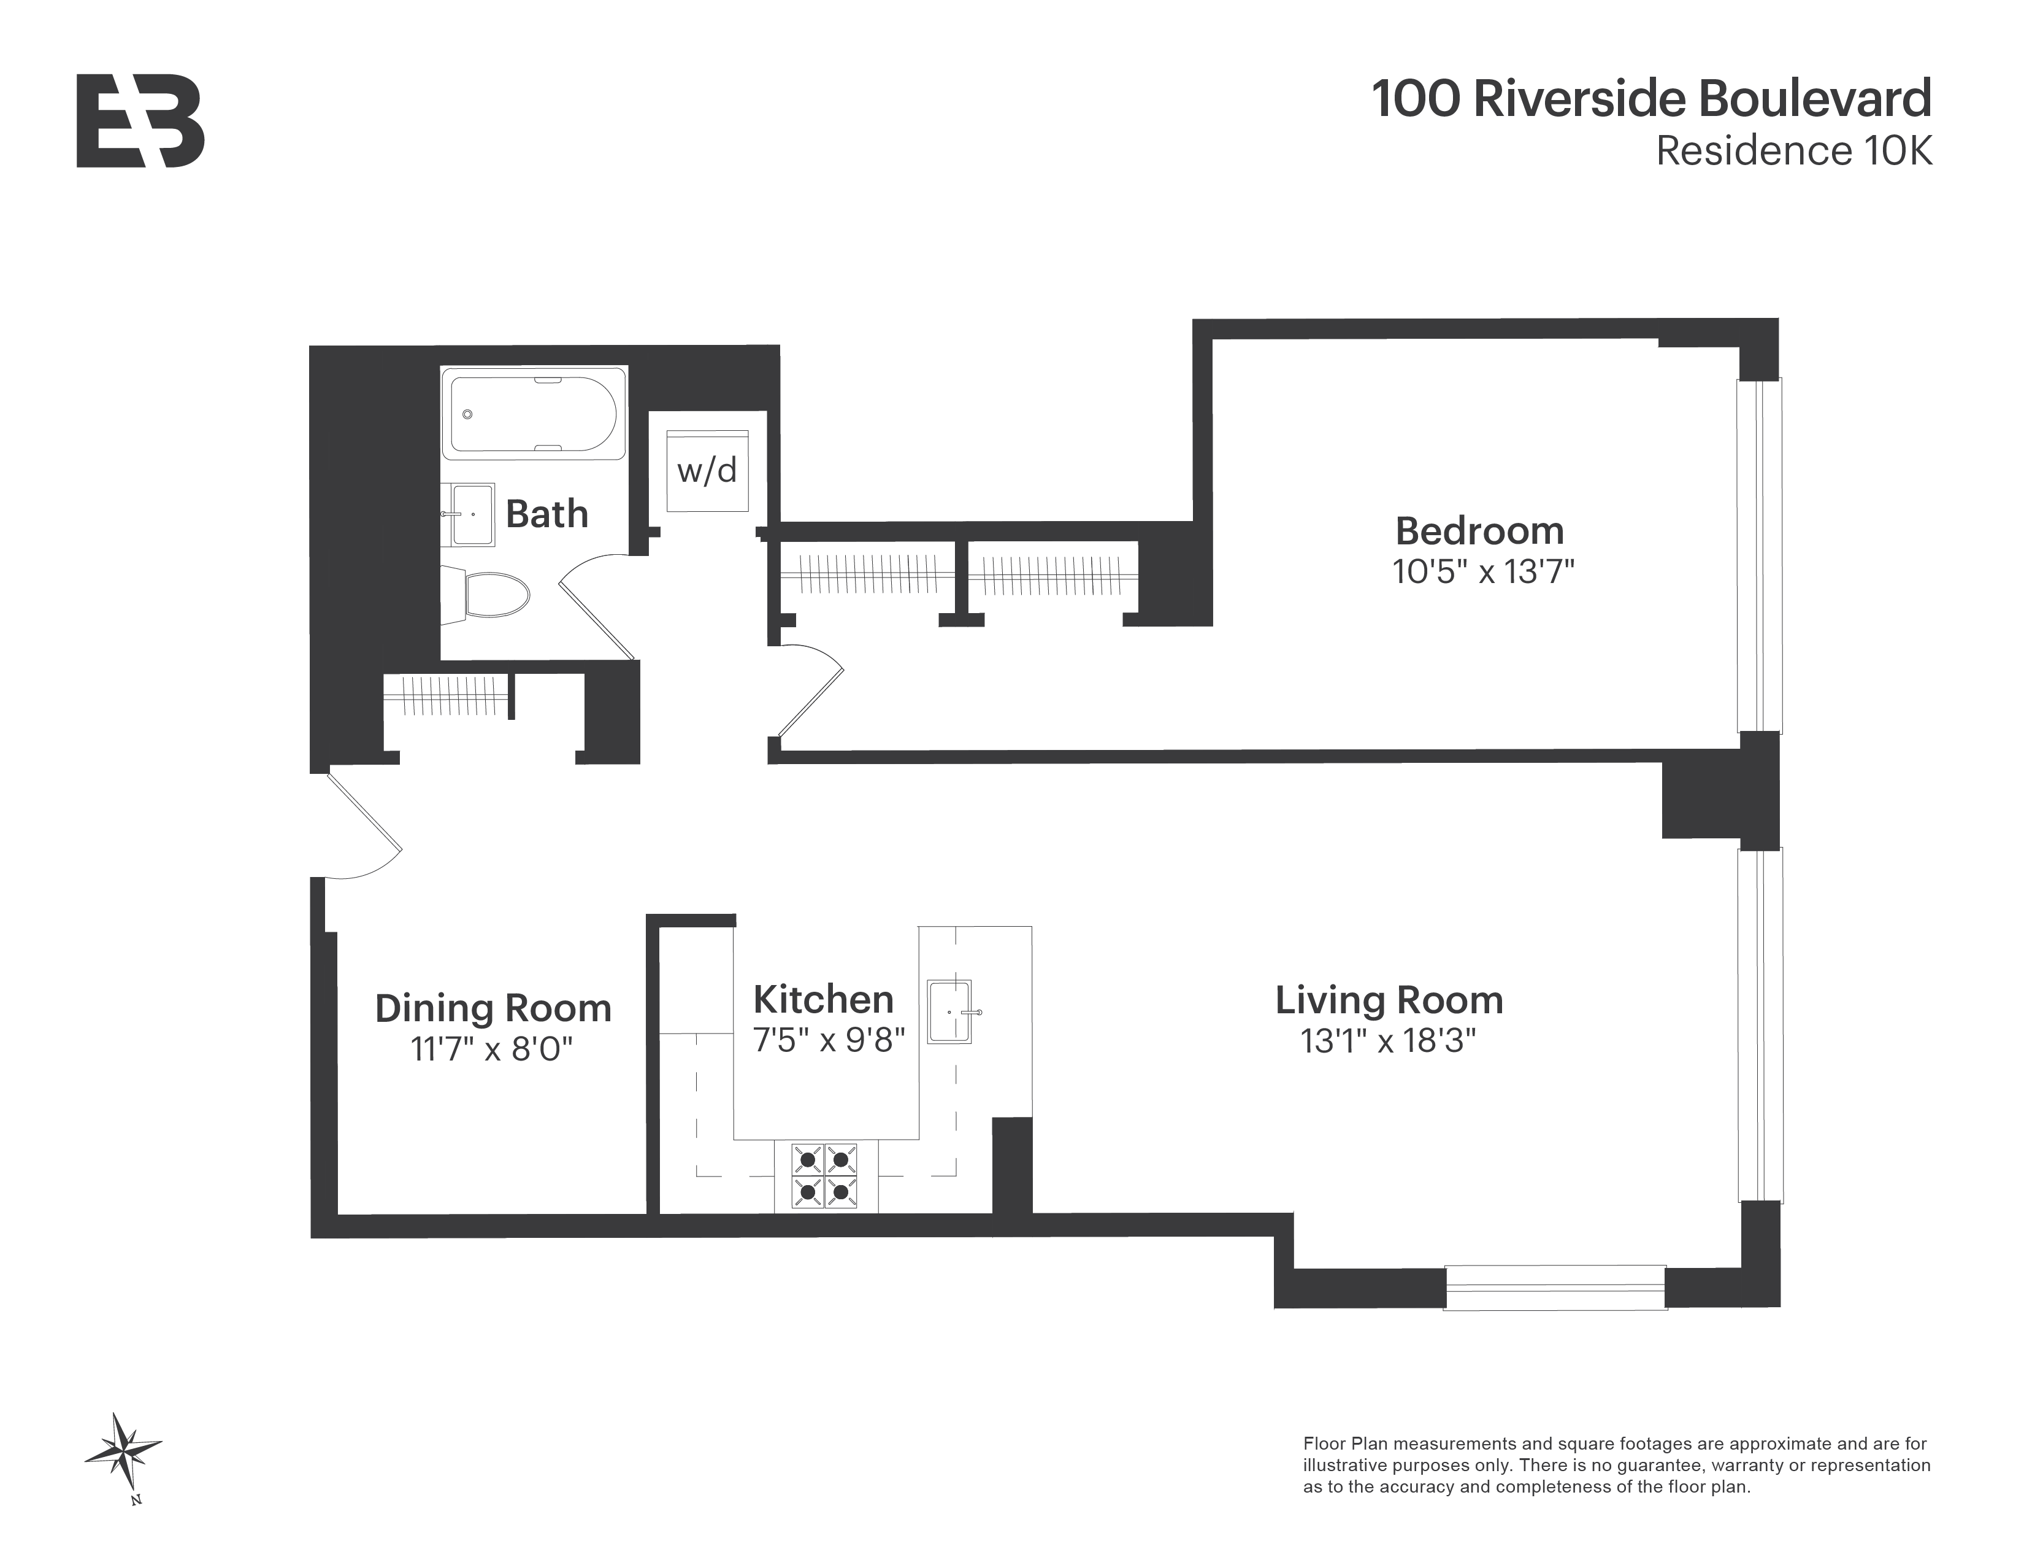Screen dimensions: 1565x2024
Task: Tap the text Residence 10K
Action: click(x=1793, y=151)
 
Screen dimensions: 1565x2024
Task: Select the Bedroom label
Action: click(x=1479, y=531)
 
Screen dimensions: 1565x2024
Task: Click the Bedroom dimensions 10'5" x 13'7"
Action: click(x=1483, y=571)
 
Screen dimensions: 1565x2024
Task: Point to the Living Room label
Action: click(x=1388, y=1000)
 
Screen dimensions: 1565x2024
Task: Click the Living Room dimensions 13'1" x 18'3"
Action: click(x=1387, y=1041)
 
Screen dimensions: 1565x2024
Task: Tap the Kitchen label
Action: click(x=823, y=999)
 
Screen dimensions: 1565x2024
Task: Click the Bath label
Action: click(x=546, y=514)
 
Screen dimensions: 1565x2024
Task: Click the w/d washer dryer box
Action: click(x=707, y=471)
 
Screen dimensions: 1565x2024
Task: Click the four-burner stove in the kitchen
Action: click(x=823, y=1176)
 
